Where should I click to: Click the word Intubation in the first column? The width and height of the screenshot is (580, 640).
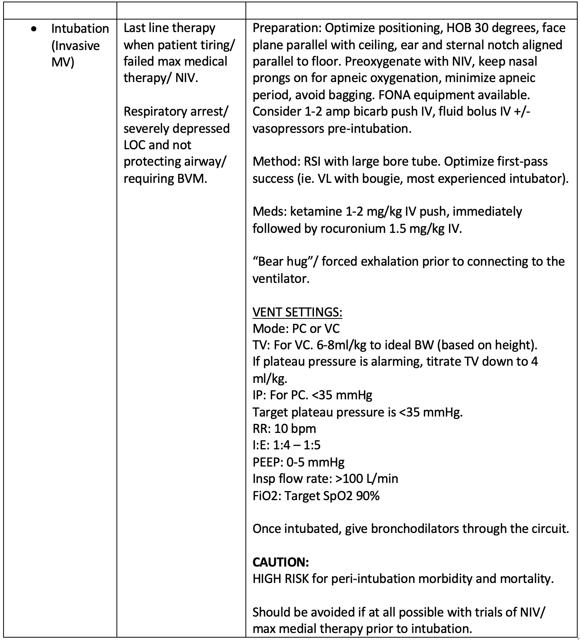(x=80, y=29)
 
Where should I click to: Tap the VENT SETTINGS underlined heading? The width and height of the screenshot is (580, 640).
(x=297, y=312)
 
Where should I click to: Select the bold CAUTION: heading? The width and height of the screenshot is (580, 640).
(x=281, y=562)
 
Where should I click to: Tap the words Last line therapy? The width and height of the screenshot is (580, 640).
(x=169, y=28)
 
